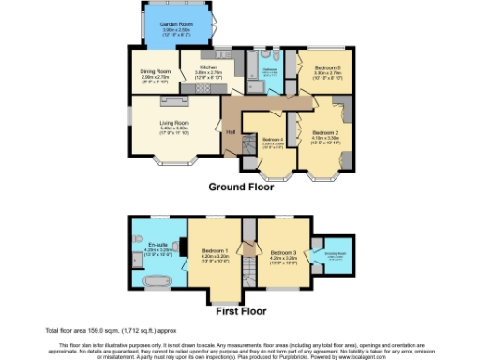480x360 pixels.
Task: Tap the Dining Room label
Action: tap(155, 70)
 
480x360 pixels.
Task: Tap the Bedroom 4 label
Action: tap(272, 140)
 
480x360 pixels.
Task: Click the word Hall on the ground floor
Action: tap(231, 132)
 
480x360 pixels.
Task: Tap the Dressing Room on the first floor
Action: tap(337, 252)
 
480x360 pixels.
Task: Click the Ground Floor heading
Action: tap(241, 187)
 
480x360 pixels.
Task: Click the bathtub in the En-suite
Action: tap(156, 279)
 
